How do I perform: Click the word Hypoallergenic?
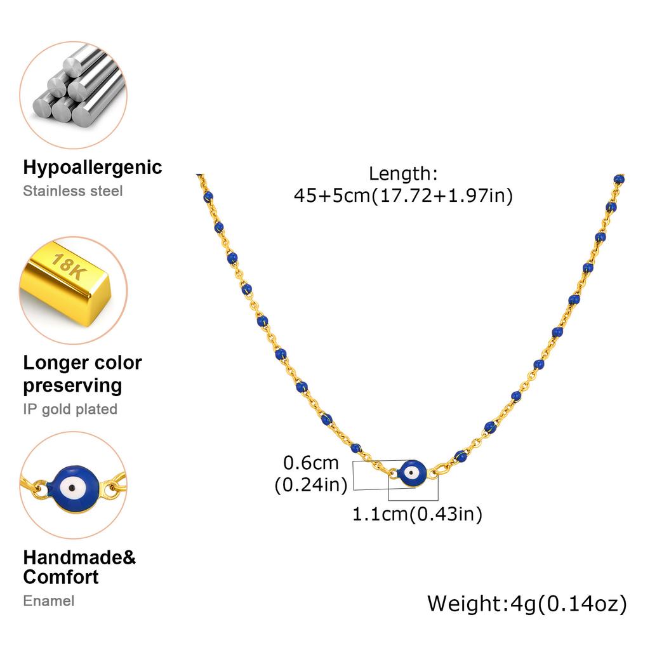click(93, 168)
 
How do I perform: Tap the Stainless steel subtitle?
click(73, 190)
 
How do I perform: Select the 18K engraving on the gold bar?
click(69, 266)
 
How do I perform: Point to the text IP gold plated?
click(70, 409)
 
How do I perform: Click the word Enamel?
click(49, 600)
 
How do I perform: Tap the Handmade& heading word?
click(79, 557)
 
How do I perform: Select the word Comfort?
click(61, 577)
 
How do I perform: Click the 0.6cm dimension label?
click(311, 463)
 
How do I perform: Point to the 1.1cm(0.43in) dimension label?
click(418, 514)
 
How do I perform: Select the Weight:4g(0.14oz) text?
click(527, 604)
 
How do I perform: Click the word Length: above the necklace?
click(403, 174)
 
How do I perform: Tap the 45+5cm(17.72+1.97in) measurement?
click(403, 196)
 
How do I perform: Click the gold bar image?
click(66, 281)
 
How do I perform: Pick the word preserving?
click(72, 386)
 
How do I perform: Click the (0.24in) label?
click(311, 484)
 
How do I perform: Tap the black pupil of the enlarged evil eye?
click(72, 488)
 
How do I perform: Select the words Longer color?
click(83, 362)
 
